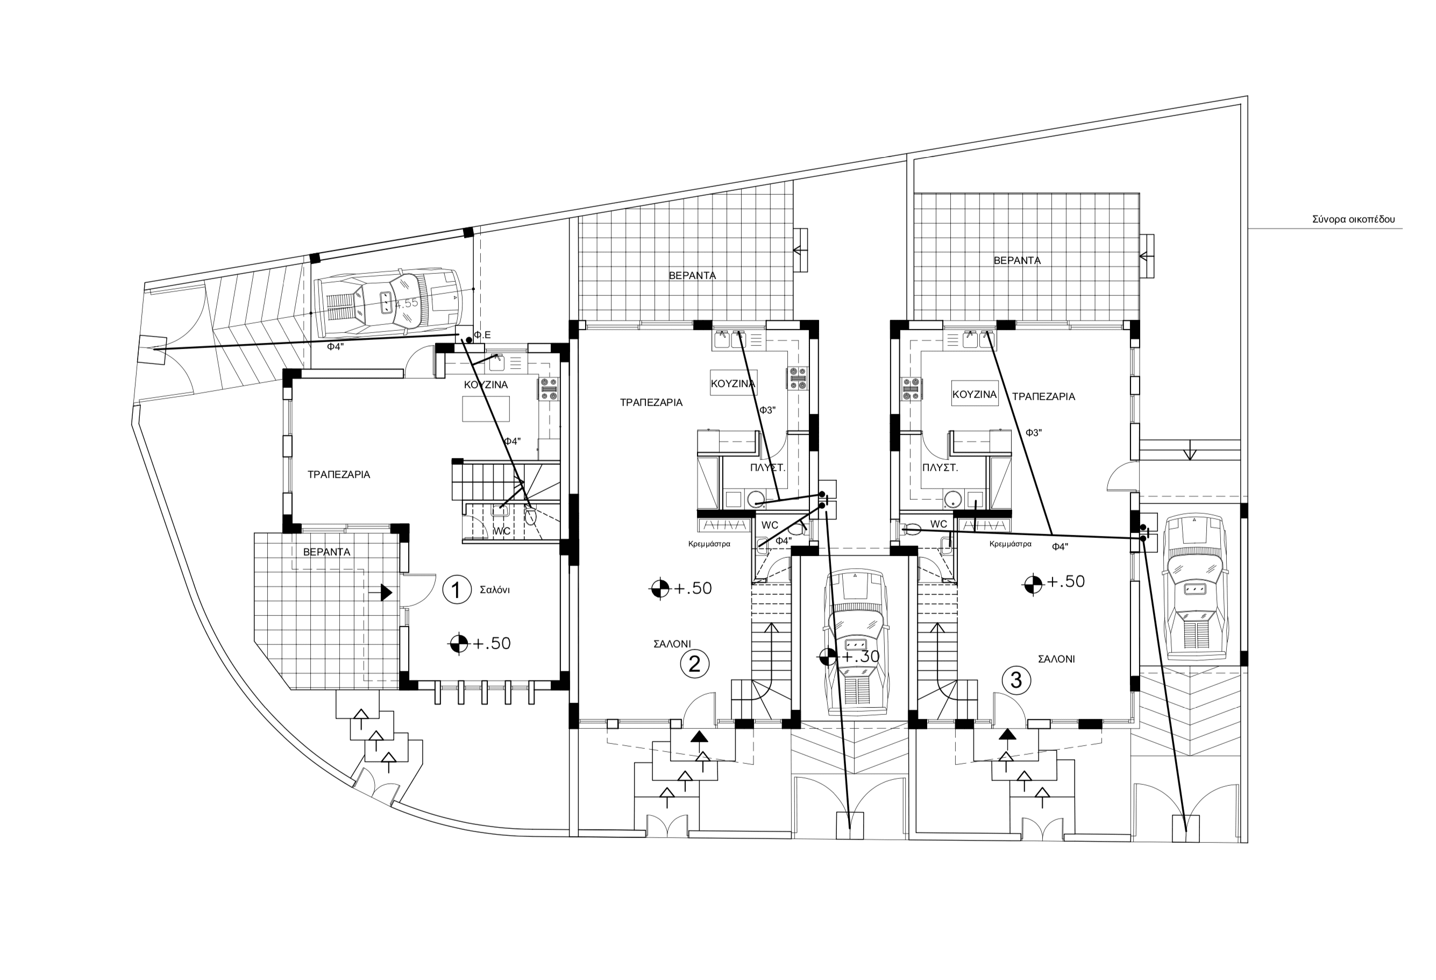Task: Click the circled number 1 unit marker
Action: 456,590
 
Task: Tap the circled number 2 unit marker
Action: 694,664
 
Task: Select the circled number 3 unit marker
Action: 1015,680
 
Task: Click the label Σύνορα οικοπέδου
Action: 1353,219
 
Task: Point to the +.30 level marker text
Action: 860,656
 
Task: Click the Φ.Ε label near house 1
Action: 482,335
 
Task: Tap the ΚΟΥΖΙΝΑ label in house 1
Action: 486,385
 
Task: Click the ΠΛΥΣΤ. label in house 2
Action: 767,468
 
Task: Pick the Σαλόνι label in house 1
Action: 494,590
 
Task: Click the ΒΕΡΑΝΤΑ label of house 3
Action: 1017,261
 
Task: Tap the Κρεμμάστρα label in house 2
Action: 709,544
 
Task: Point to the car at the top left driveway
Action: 387,301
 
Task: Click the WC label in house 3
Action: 938,524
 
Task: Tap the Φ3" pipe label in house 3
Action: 1034,432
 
